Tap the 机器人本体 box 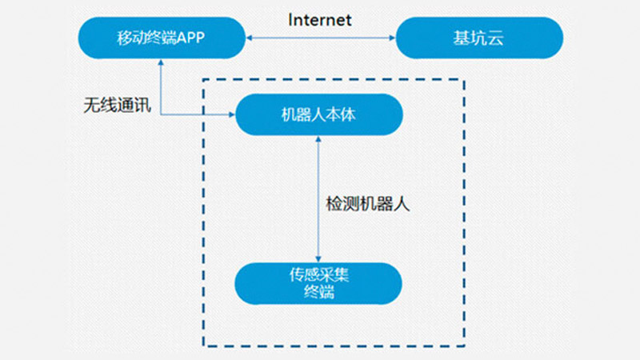(x=319, y=114)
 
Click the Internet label (x=320, y=19)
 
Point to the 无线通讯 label (x=116, y=106)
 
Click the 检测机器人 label (x=368, y=203)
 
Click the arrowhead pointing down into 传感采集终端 (x=319, y=258)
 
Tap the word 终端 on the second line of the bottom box (x=319, y=293)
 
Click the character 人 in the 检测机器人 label (x=402, y=203)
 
